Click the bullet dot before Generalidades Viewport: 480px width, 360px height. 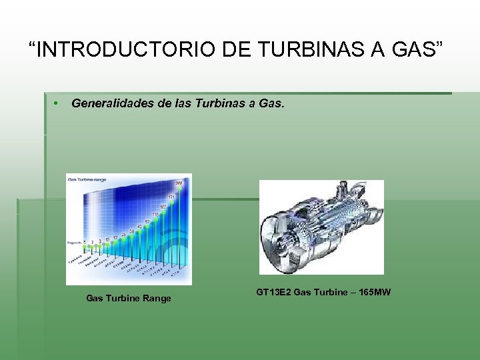click(x=57, y=104)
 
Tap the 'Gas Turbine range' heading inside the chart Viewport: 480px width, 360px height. click(x=87, y=179)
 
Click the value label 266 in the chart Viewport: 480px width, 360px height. click(x=179, y=183)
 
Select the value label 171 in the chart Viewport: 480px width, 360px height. click(x=171, y=197)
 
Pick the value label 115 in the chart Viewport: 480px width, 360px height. click(x=156, y=214)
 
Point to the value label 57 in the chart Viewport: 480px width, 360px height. click(x=147, y=221)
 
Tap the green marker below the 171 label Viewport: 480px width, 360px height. click(x=171, y=203)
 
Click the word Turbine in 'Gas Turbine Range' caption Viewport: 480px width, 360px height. click(x=122, y=299)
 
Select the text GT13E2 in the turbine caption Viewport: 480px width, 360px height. click(x=273, y=293)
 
